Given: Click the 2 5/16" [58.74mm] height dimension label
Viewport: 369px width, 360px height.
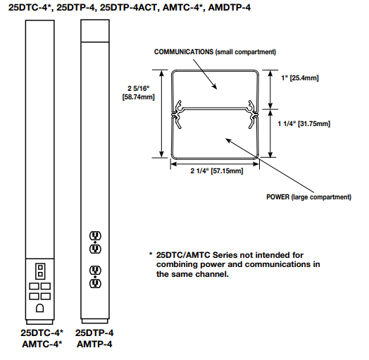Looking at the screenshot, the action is [138, 92].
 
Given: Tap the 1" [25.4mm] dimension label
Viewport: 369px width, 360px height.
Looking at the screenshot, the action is [300, 78].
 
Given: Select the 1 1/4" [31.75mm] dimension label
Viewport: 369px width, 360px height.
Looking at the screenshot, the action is [304, 123].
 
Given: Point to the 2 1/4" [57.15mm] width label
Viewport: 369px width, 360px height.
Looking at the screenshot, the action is [217, 170].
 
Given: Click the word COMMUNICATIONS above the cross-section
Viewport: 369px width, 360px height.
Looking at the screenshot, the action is [184, 52].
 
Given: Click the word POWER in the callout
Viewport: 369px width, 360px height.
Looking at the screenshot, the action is [277, 197].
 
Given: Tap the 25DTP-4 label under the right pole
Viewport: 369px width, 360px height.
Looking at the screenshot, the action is [94, 333].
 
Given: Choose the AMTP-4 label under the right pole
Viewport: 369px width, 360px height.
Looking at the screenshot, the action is [94, 345].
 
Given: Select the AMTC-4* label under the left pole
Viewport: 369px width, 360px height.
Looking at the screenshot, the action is [42, 345].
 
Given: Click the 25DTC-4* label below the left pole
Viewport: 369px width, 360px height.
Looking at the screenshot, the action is [42, 333].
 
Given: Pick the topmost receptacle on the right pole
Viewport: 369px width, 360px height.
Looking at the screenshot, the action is [95, 235].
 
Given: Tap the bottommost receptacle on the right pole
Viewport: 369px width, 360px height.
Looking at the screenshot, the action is [95, 283].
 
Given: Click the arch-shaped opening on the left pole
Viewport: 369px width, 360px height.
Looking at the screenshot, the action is [39, 308].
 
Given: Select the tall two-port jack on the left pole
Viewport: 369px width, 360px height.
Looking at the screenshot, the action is [40, 271].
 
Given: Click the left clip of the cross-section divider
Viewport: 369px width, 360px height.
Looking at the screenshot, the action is [177, 115].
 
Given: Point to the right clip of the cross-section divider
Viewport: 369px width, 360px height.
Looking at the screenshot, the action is [253, 115].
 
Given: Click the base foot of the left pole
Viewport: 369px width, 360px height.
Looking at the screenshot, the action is [39, 322].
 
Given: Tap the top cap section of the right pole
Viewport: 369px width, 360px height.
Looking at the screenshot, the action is [95, 31].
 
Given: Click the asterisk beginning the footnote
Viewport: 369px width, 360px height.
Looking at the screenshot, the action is [151, 254].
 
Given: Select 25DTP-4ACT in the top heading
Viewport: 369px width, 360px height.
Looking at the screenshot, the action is [128, 8].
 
